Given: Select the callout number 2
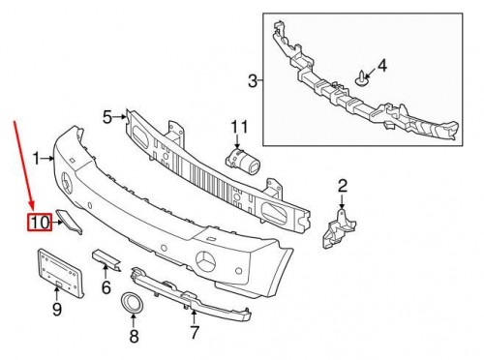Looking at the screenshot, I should [x=342, y=186].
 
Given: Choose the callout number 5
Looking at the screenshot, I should [x=107, y=117].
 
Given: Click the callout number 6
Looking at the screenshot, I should [x=106, y=286].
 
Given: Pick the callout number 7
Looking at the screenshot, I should [x=195, y=334].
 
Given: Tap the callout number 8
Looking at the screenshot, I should [x=135, y=337].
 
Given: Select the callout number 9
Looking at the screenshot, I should [x=57, y=310].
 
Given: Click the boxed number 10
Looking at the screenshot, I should [x=39, y=224].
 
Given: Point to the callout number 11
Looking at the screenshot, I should [x=239, y=126].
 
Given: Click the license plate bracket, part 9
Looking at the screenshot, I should [x=59, y=271].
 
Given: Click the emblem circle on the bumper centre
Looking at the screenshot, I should [x=206, y=259].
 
